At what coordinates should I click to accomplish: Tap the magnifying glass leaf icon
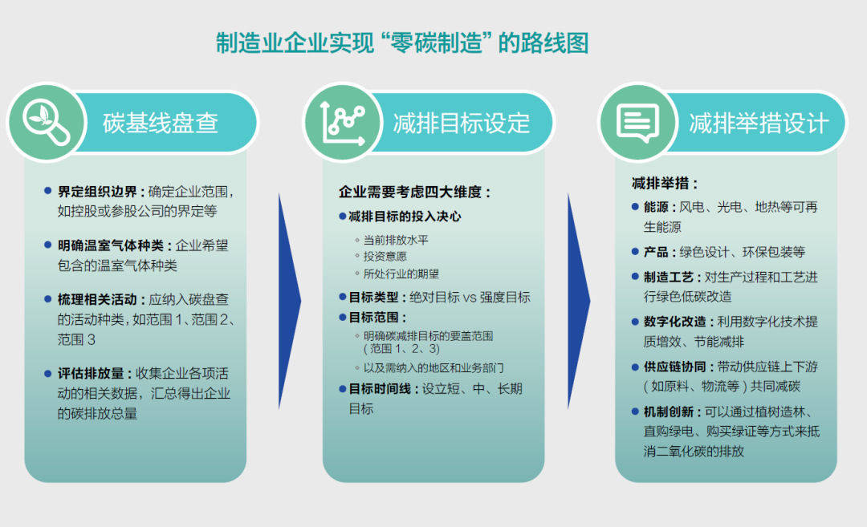46,123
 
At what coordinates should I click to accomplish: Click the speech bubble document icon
637,123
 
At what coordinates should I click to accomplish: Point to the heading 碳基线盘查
161,124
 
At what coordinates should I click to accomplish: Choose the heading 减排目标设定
462,124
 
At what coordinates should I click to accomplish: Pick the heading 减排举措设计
758,124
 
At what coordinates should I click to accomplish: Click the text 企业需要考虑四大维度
414,193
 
